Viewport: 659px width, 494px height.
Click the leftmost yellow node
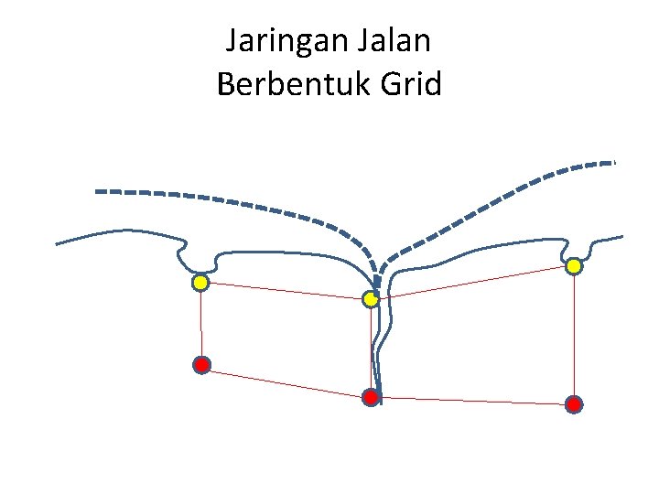[x=200, y=284]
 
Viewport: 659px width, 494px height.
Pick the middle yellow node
[x=371, y=299]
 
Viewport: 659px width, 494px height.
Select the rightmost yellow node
[x=573, y=266]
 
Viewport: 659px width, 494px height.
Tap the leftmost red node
[x=201, y=365]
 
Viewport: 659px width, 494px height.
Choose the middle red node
[x=371, y=397]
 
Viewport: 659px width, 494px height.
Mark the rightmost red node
[x=573, y=403]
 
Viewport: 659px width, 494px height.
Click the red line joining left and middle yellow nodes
[x=284, y=291]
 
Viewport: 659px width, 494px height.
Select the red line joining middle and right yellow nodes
[x=471, y=283]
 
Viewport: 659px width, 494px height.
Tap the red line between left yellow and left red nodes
[x=201, y=325]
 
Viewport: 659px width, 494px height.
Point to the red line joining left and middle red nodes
[x=286, y=381]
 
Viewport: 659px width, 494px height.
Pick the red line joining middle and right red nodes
[x=471, y=401]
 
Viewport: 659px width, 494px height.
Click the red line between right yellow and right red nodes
[x=573, y=335]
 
